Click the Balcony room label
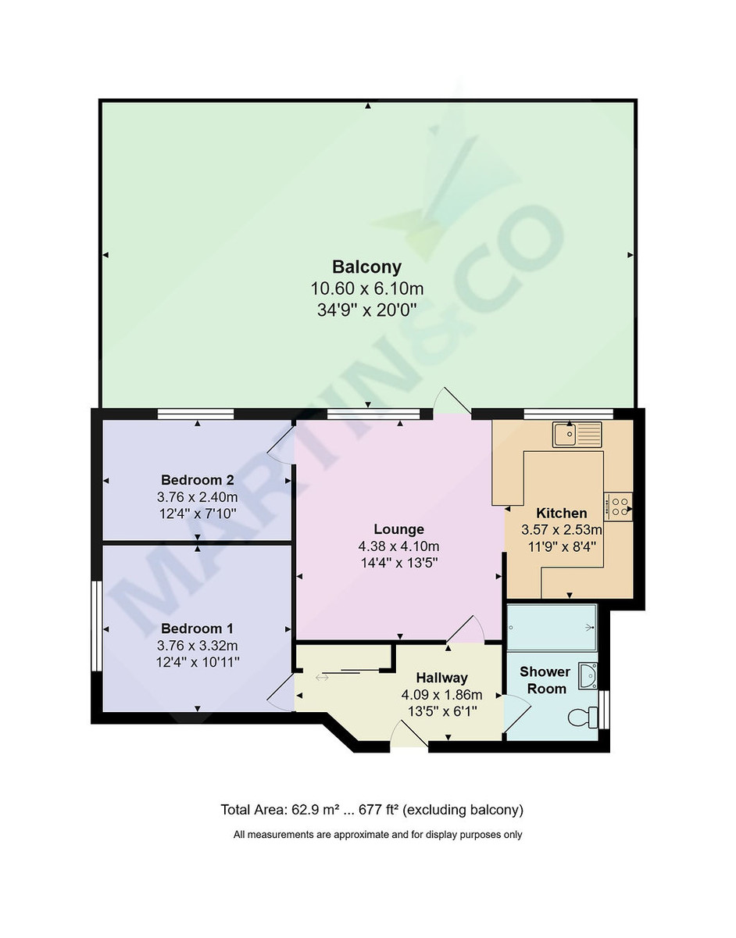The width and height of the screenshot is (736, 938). coord(366,266)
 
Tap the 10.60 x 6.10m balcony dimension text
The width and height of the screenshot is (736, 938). coord(366,288)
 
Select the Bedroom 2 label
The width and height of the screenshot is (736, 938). coord(197,480)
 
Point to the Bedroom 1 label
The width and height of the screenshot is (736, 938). coord(197,628)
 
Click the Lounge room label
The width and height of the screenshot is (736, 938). coord(398,529)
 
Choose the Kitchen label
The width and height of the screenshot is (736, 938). coord(561,514)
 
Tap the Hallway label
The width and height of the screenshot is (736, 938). coord(441,678)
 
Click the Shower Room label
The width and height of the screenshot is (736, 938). coord(546,680)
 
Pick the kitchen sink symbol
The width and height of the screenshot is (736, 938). coord(577,435)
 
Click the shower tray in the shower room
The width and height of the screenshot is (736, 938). coord(552,627)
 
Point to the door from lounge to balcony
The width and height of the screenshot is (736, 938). coord(452,400)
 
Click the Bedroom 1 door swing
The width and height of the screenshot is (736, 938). coord(280,693)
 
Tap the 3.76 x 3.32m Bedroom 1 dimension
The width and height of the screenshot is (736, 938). coord(197,646)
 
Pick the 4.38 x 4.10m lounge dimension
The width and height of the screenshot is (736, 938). coord(398,546)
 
